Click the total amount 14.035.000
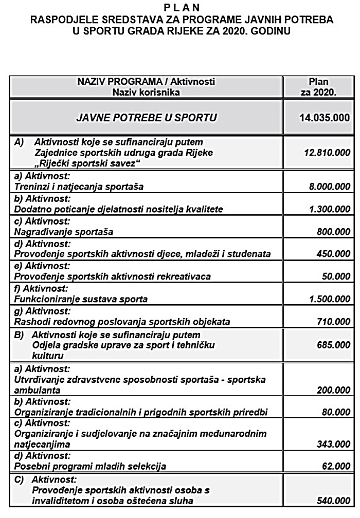[x=325, y=118]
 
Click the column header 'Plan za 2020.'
[x=318, y=87]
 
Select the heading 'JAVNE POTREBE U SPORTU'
[x=146, y=118]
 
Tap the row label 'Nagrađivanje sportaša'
[x=65, y=232]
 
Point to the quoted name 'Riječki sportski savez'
[x=88, y=162]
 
